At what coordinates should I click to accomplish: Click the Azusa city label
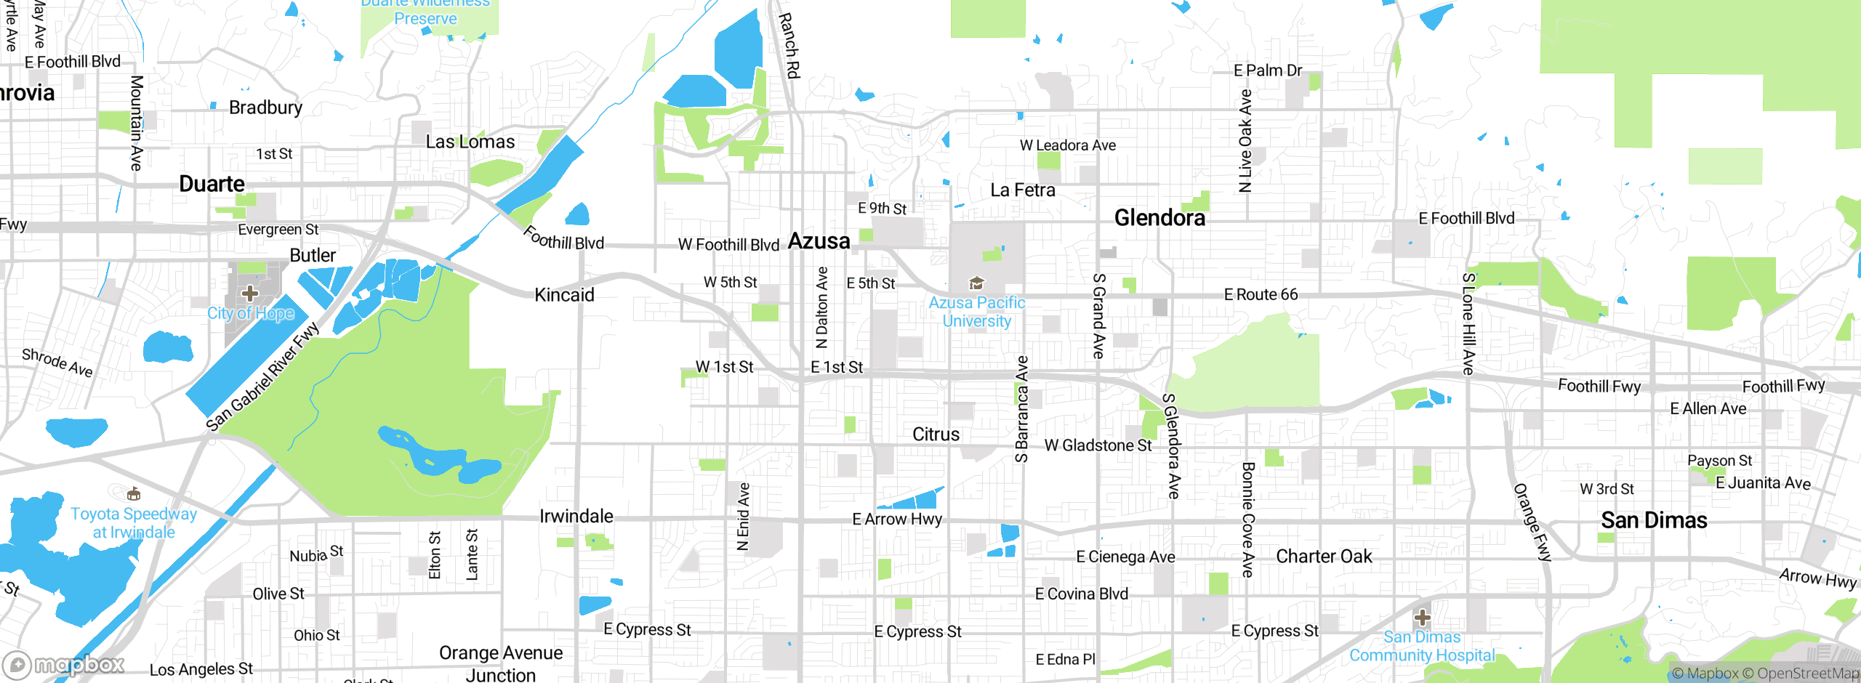819,241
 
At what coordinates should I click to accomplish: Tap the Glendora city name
1159,217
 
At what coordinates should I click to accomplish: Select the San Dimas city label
1654,520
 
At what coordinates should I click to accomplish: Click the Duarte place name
212,184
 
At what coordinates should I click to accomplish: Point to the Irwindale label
576,516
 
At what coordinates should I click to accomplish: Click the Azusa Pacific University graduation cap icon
976,283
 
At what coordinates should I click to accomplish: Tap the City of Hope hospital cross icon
250,294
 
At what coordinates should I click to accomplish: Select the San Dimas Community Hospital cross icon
1422,618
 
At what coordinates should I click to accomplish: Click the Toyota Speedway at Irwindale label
134,522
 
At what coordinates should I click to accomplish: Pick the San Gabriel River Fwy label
262,377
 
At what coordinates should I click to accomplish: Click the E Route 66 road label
1261,294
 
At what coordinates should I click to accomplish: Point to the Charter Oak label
1324,556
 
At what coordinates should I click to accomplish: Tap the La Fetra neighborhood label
1022,190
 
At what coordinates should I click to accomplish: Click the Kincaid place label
564,294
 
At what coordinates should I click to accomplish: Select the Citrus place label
936,435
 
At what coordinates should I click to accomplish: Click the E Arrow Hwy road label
897,519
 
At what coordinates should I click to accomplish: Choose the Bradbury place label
265,108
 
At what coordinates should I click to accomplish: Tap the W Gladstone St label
1098,445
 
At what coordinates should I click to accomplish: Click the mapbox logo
64,664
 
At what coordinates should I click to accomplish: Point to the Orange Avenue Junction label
500,663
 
